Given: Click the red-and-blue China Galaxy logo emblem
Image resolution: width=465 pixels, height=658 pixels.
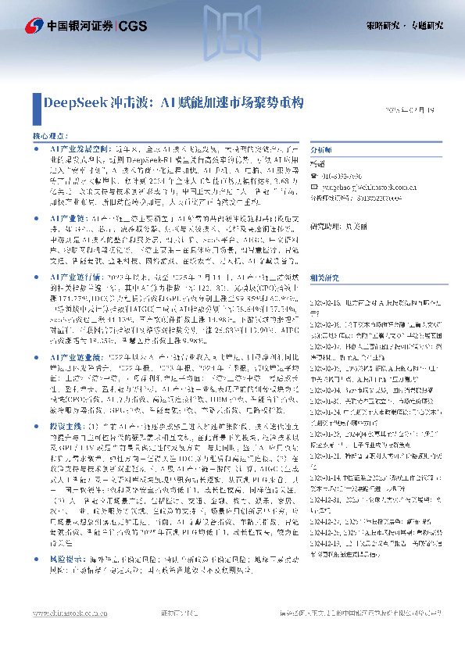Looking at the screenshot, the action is coord(34,26).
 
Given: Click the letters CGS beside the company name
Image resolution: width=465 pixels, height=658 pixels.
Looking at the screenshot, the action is coord(132,26).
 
